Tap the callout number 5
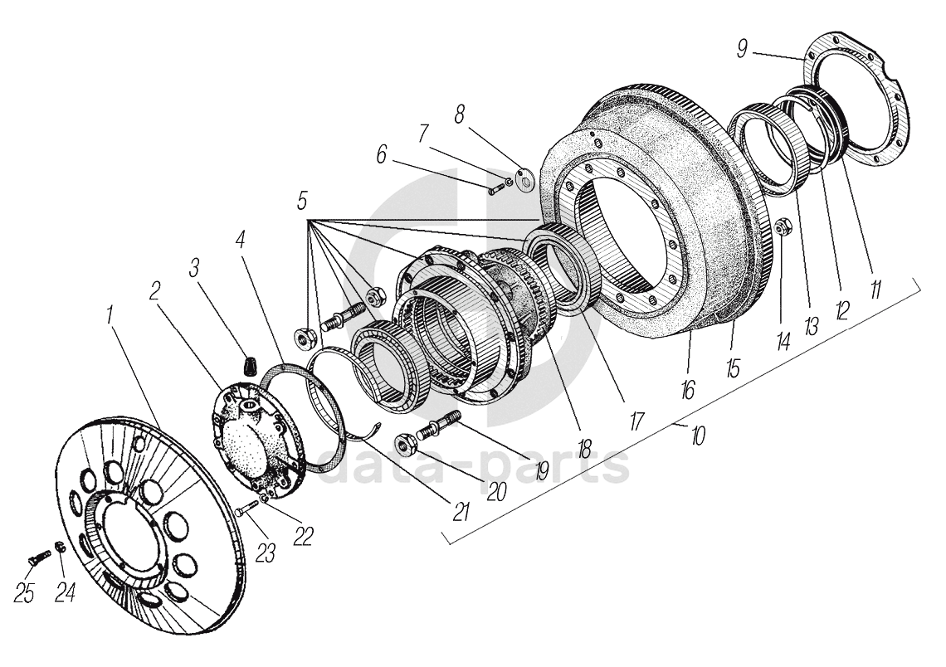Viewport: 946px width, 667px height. tap(302, 200)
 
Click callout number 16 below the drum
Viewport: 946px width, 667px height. tap(688, 390)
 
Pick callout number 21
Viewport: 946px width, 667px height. tap(461, 511)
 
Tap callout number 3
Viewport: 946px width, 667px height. tap(194, 270)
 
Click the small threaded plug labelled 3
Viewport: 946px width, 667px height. tap(249, 365)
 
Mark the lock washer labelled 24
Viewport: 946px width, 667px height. tap(60, 548)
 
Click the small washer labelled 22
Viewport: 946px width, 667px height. tap(264, 498)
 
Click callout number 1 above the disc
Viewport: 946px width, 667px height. tap(110, 314)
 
